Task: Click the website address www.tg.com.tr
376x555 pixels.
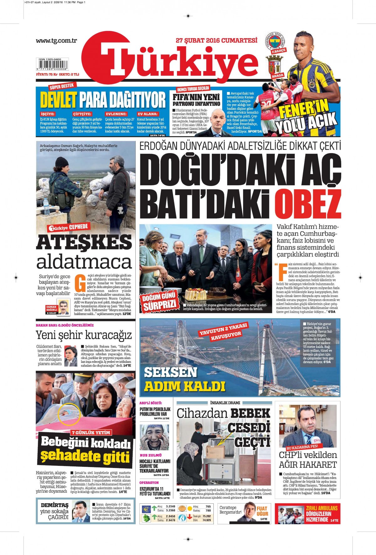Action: (x=56, y=41)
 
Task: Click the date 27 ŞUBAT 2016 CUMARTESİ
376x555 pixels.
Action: (x=217, y=41)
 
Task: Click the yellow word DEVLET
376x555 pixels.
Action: (x=58, y=100)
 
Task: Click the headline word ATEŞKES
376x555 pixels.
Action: (x=84, y=243)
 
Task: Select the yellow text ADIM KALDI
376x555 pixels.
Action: (x=185, y=386)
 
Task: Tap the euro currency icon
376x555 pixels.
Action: (x=146, y=509)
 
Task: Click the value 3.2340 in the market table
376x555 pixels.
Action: (x=170, y=506)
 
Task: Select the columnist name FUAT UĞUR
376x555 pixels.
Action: (x=262, y=511)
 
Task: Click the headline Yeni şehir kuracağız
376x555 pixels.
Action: (x=84, y=335)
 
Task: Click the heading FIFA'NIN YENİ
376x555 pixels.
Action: (x=196, y=97)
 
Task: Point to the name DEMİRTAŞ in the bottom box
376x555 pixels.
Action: (x=55, y=505)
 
